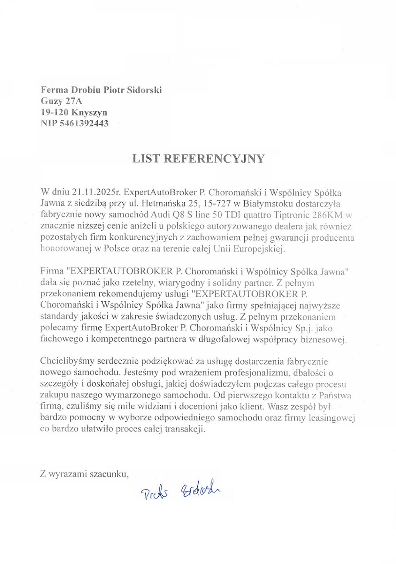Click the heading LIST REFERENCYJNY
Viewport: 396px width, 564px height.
pos(198,159)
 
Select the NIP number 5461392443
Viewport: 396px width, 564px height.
pos(84,124)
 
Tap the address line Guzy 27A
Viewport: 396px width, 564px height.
pos(61,101)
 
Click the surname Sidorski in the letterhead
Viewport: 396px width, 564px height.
pos(144,90)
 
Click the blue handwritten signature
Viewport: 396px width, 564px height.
pos(181,490)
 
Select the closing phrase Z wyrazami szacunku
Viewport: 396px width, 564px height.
pos(84,474)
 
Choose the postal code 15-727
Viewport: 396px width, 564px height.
pos(222,204)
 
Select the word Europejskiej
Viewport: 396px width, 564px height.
pos(262,249)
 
